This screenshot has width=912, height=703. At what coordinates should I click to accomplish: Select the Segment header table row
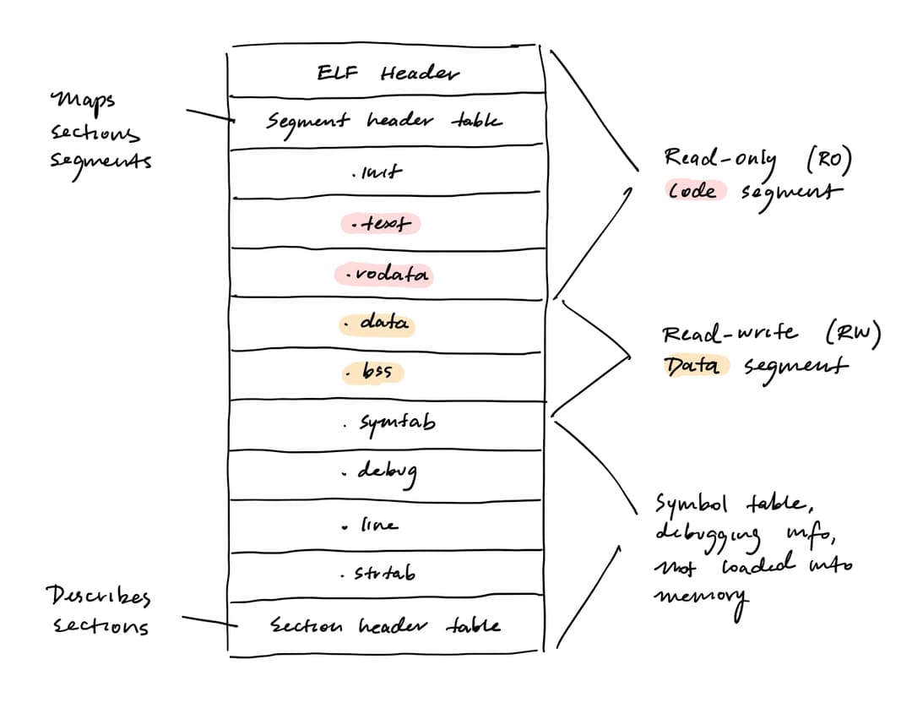384,122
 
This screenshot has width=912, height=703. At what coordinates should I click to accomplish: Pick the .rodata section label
384,275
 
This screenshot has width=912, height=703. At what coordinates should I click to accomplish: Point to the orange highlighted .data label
377,324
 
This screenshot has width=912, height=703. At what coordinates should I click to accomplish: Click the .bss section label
372,372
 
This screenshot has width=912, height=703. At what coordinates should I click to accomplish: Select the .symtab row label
390,422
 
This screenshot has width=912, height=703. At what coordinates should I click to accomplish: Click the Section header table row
385,626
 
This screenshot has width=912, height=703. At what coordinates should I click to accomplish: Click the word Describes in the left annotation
97,598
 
